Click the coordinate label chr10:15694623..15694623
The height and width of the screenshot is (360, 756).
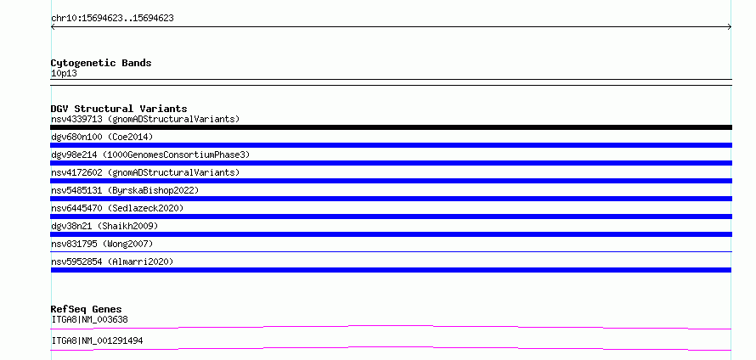point(112,19)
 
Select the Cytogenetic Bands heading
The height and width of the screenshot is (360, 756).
point(101,63)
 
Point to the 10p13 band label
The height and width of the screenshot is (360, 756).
point(64,73)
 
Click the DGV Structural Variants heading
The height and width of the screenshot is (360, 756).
point(119,109)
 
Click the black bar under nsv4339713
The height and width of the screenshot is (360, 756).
point(391,127)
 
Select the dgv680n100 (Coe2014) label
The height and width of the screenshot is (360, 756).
point(102,137)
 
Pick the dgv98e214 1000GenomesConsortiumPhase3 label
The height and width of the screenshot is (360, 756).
point(150,155)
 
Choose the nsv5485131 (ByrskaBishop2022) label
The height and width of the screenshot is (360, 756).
point(125,190)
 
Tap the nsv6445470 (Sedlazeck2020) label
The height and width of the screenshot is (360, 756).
point(117,208)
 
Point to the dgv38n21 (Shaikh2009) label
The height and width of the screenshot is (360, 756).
point(104,226)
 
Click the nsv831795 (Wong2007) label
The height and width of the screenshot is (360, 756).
point(102,244)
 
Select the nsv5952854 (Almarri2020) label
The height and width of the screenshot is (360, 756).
point(112,262)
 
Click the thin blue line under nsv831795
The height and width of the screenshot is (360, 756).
point(391,251)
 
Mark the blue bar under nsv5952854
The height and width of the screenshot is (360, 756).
point(391,270)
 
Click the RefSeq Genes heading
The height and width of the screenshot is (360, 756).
point(86,309)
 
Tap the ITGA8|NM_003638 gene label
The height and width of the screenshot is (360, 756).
point(89,319)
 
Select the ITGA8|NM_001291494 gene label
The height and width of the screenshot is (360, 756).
point(97,340)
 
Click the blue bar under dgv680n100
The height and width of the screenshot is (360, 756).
point(391,145)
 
